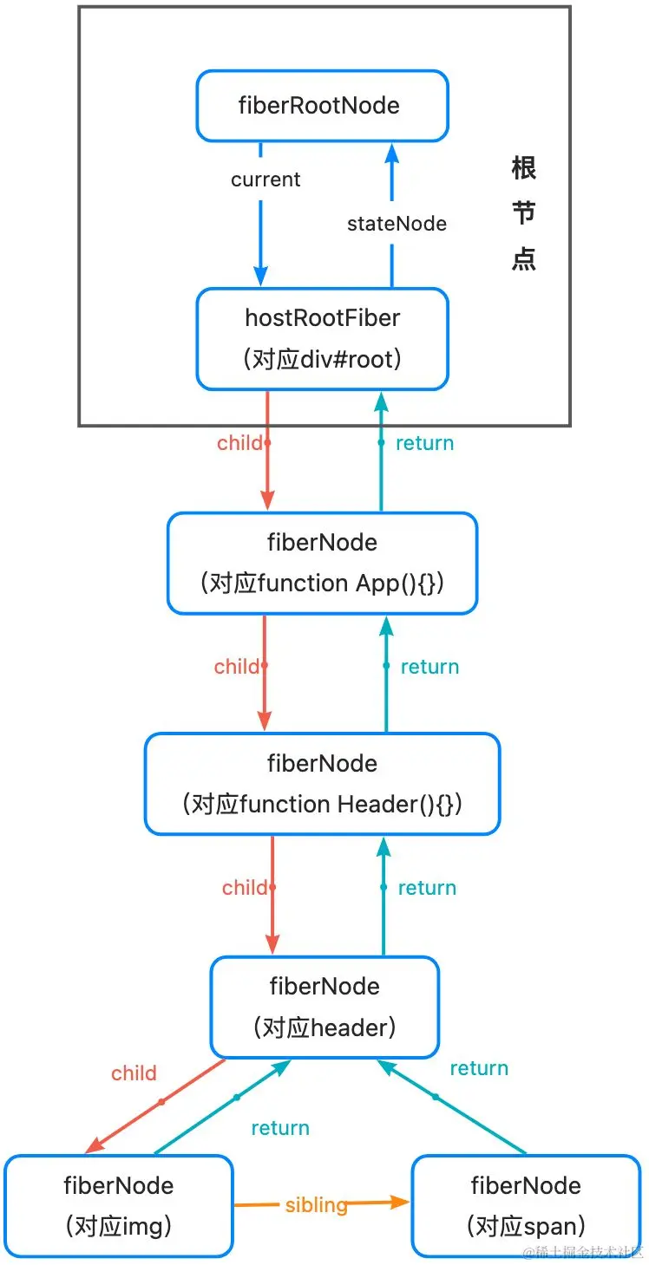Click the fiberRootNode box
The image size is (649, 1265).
point(322,106)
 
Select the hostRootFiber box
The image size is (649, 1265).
point(322,338)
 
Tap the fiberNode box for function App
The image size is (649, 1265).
point(322,563)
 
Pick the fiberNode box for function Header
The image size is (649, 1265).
point(322,784)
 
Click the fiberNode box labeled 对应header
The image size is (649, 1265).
point(324,1007)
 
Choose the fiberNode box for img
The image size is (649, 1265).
point(119,1205)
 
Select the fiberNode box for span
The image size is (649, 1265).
point(526,1205)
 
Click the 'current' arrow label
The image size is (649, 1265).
point(265,179)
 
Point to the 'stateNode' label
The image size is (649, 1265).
point(397,224)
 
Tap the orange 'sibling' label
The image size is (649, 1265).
point(316,1204)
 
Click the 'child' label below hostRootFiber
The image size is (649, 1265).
point(239,443)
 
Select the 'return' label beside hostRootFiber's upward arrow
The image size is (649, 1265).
point(424,443)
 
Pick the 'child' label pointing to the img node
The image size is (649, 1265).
point(134,1073)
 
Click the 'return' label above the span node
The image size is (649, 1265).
point(479,1068)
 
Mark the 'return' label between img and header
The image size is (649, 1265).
point(280,1128)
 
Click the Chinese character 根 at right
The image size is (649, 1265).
point(524,167)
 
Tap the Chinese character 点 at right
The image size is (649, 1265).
point(524,259)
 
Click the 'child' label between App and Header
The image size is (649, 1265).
point(237,667)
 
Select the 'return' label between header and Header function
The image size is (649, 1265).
point(427,888)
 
